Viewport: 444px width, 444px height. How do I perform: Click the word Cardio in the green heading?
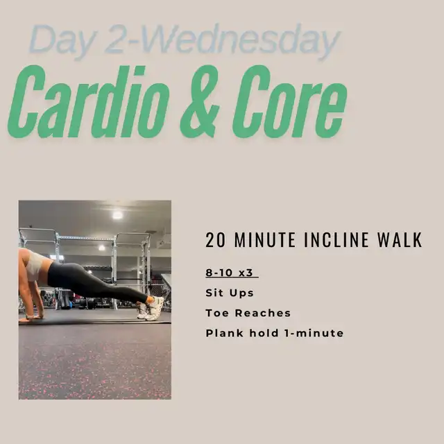pos(88,102)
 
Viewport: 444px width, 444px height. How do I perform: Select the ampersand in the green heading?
pos(200,102)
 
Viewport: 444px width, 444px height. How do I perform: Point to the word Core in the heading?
pos(289,102)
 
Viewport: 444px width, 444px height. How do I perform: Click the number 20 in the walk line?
pos(216,240)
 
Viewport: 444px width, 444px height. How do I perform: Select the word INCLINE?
pos(336,240)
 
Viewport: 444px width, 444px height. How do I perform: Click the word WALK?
pos(400,240)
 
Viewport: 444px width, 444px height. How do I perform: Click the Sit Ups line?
pos(230,293)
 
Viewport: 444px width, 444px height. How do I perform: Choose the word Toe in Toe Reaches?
pos(217,313)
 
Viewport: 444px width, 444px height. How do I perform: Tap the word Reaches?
pos(263,313)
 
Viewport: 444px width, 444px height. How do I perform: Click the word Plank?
pos(225,333)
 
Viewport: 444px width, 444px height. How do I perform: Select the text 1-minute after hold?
pos(314,333)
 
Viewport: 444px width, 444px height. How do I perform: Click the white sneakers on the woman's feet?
pos(151,309)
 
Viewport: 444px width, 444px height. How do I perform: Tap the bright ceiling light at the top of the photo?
pos(117,215)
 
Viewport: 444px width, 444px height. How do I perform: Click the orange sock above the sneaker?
pos(149,300)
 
